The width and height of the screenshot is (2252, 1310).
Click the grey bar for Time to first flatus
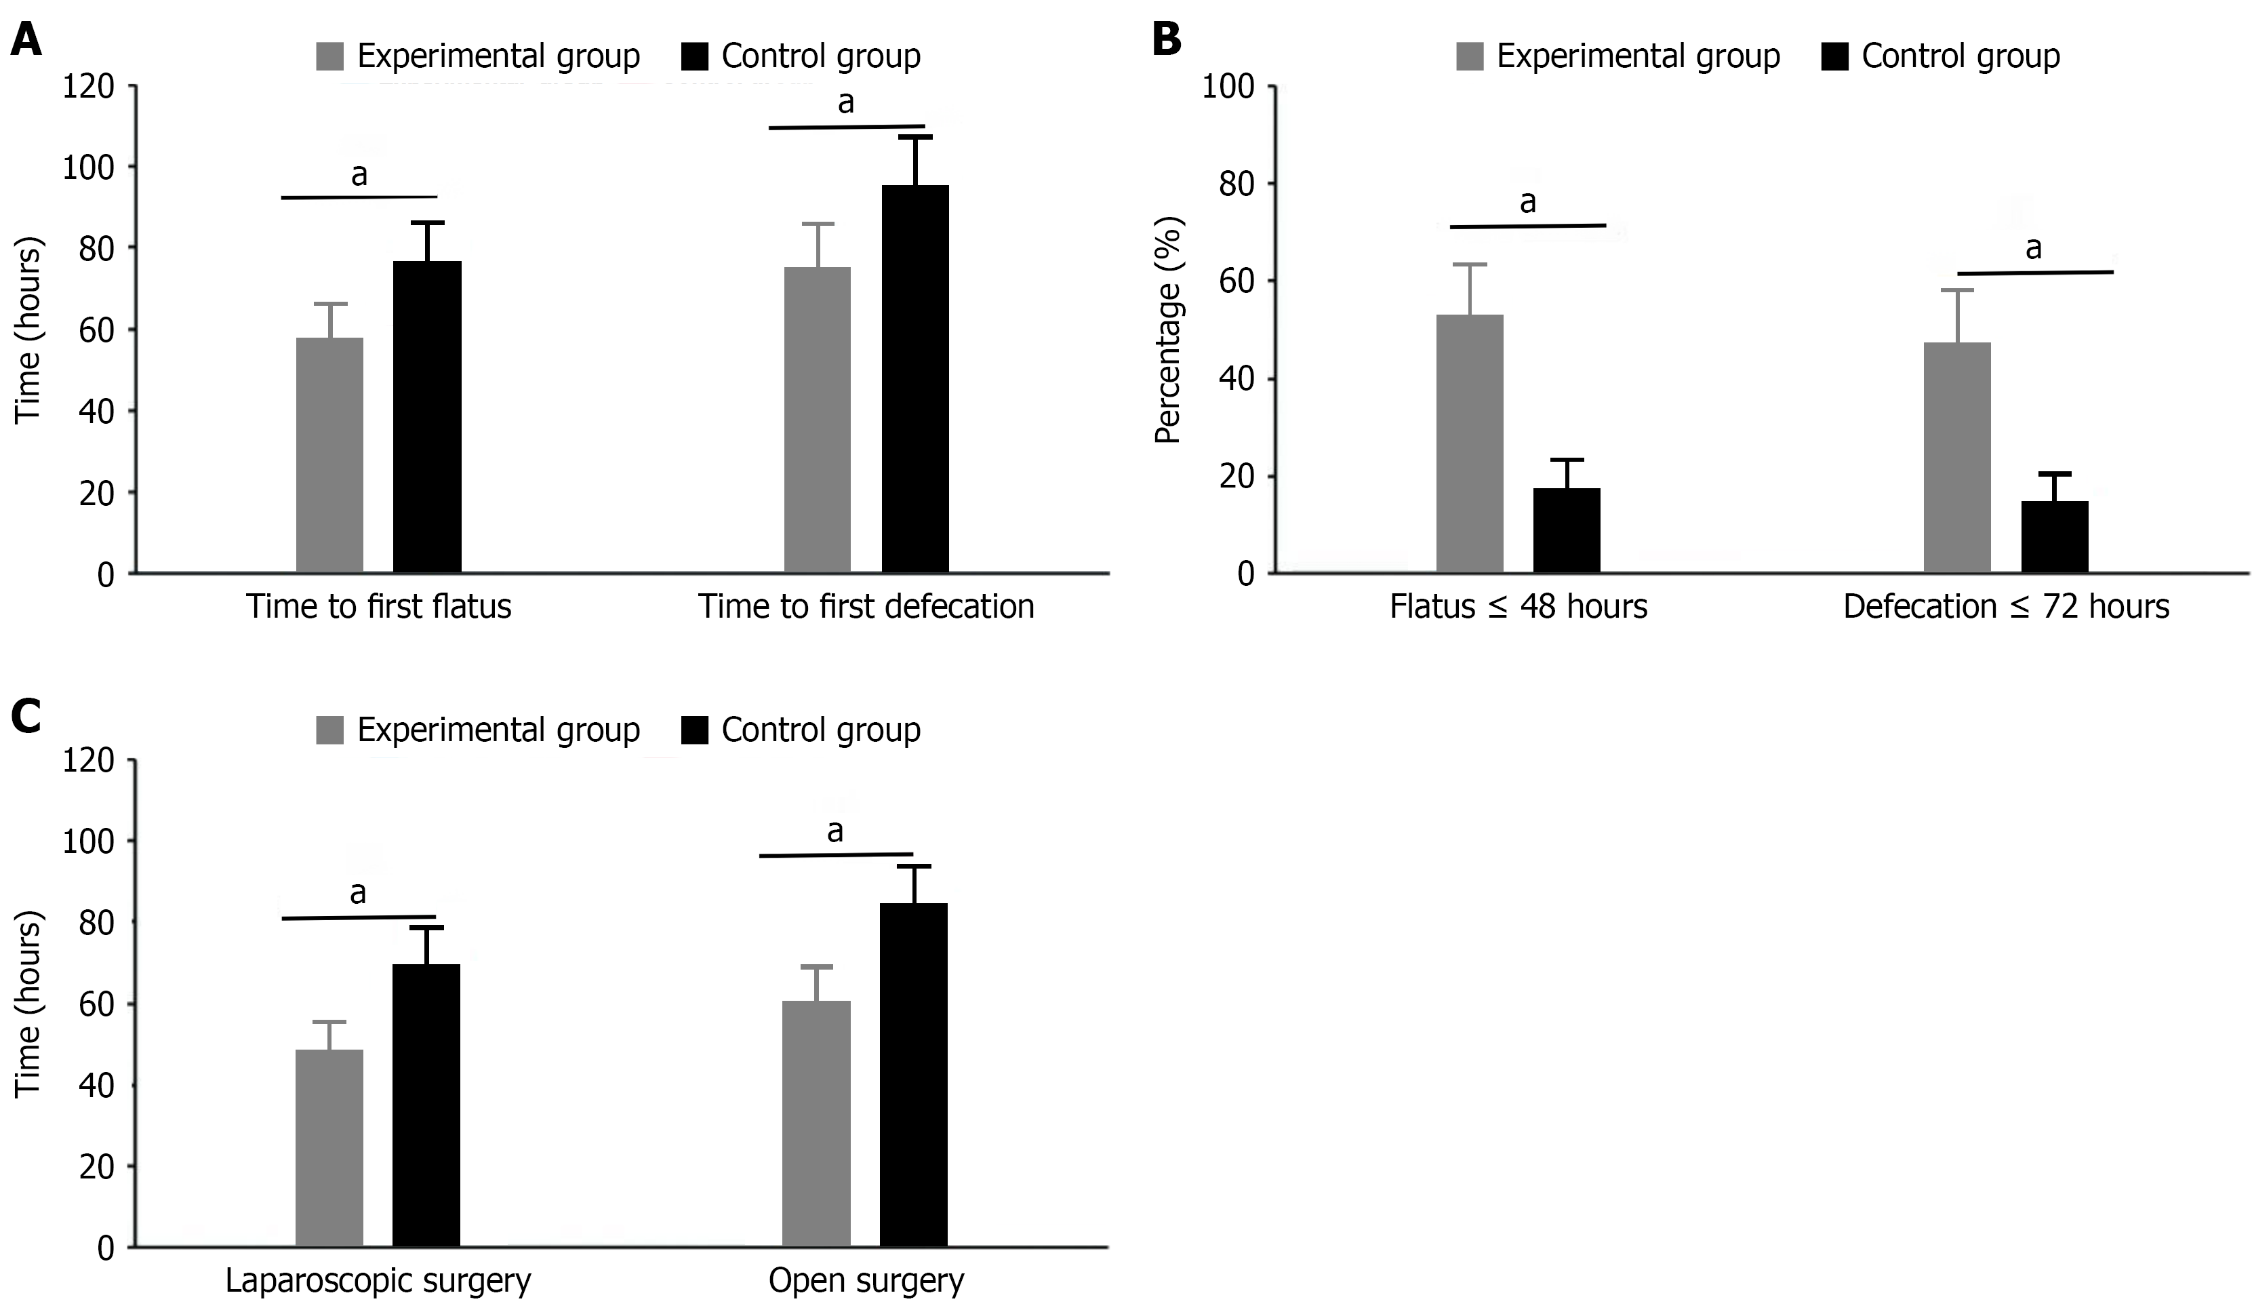pyautogui.click(x=329, y=456)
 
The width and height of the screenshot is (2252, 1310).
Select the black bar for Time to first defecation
pyautogui.click(x=915, y=380)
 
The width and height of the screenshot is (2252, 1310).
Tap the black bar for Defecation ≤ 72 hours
pyautogui.click(x=2055, y=537)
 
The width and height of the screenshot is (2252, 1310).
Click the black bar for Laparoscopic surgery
pyautogui.click(x=426, y=1105)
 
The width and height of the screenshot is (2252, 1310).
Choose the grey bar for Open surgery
pyautogui.click(x=816, y=1124)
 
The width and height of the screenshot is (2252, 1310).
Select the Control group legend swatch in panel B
pyautogui.click(x=1834, y=56)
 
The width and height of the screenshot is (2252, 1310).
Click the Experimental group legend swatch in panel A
pyautogui.click(x=329, y=56)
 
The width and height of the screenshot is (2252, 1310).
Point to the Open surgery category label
pyautogui.click(x=866, y=1281)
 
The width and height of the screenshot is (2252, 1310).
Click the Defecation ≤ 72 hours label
pyautogui.click(x=2006, y=607)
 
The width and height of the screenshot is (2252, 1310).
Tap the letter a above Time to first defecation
pyautogui.click(x=845, y=104)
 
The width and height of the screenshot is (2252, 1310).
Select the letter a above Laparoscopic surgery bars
pyautogui.click(x=359, y=893)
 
